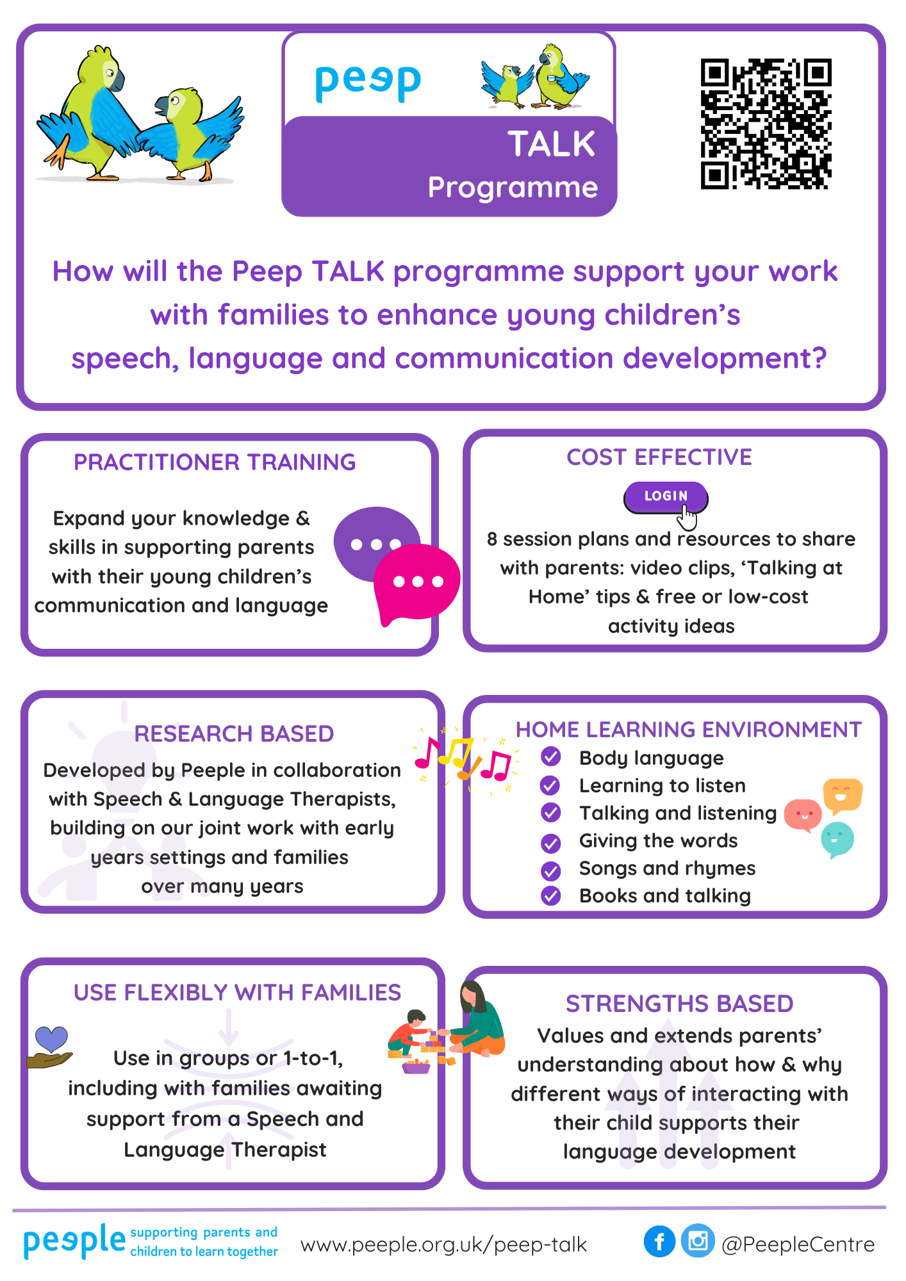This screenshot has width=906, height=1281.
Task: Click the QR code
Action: tap(766, 124)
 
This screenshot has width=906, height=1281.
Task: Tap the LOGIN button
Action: tap(666, 497)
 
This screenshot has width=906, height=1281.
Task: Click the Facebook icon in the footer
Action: tap(659, 1241)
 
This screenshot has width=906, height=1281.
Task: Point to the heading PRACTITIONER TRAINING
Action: tap(215, 462)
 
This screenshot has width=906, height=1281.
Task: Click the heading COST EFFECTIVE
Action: tap(659, 457)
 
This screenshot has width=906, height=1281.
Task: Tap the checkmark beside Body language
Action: tap(550, 757)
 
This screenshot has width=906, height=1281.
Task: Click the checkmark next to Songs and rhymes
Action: tap(550, 870)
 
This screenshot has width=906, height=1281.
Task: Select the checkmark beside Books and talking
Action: tap(550, 895)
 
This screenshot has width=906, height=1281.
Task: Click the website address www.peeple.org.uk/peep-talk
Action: tap(443, 1244)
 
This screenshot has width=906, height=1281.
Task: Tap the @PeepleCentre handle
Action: tap(798, 1244)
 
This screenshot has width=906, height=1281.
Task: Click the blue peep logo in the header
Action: tap(368, 82)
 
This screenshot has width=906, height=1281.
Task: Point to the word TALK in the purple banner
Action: tap(552, 143)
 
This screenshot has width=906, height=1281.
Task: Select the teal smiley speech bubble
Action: tap(837, 840)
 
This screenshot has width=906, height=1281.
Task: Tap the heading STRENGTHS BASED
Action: tap(679, 1004)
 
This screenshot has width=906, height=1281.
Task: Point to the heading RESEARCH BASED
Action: tap(234, 733)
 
